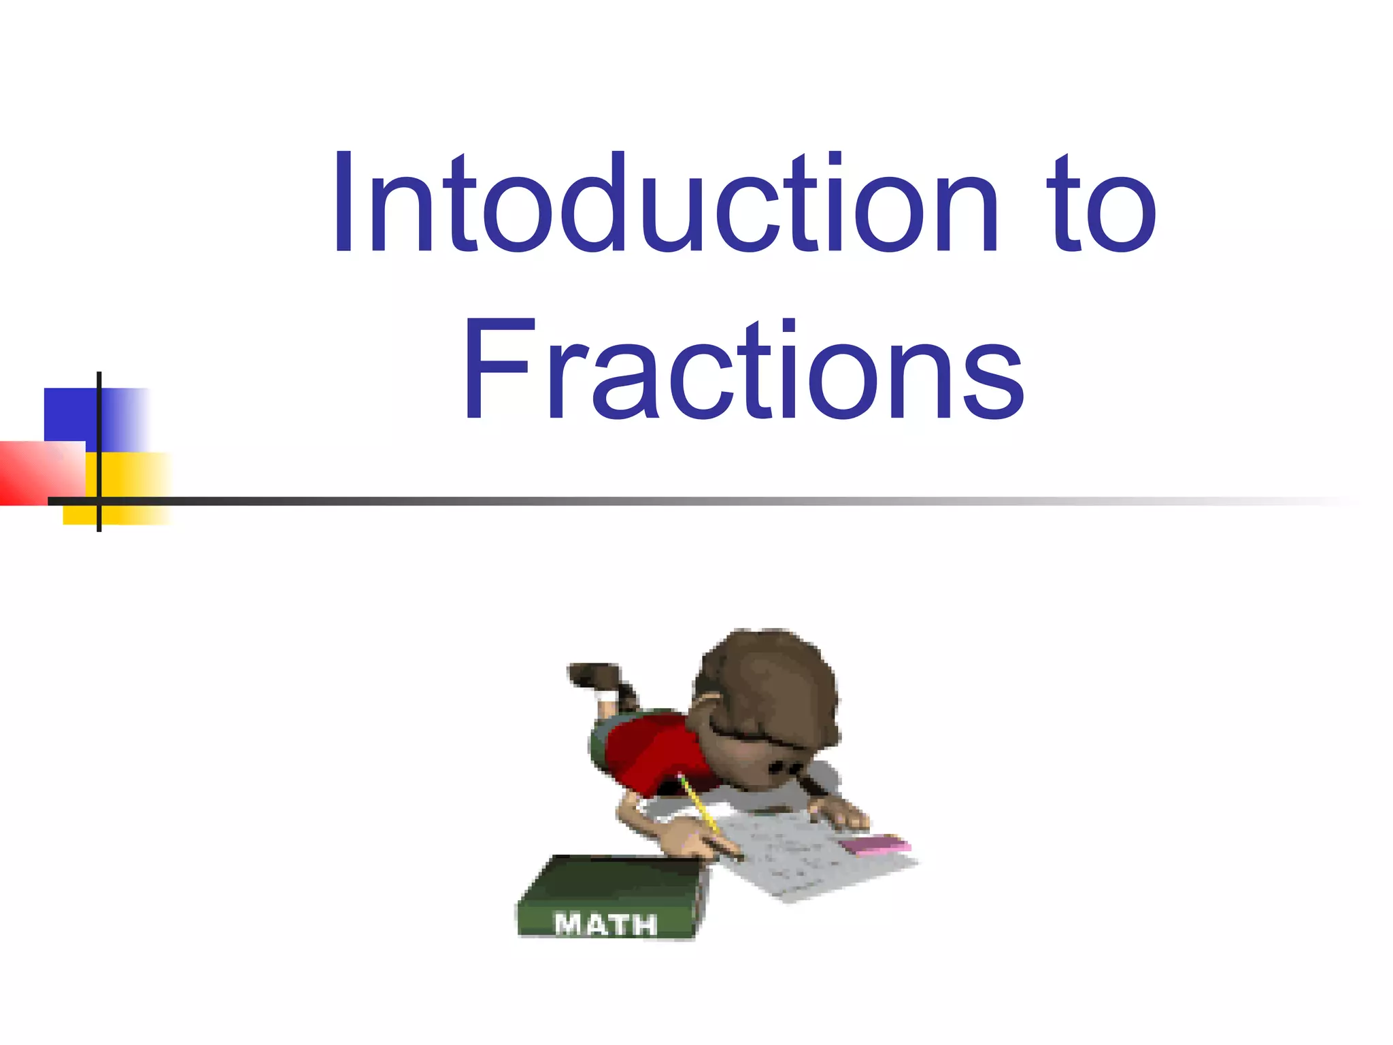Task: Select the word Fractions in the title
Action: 743,371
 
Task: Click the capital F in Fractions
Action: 495,371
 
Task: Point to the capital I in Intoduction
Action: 344,204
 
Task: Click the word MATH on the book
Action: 605,924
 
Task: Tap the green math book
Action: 612,891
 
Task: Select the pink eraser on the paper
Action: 874,845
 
